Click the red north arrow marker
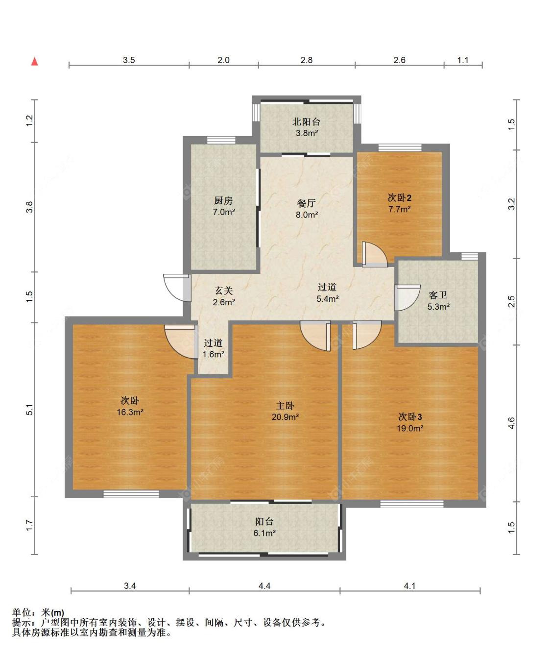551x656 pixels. [x=35, y=61]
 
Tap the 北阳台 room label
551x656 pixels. [x=306, y=121]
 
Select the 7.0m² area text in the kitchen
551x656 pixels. [x=224, y=212]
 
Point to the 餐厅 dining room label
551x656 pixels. [x=306, y=203]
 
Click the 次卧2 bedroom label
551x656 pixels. [x=399, y=197]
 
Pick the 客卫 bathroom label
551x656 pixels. [x=438, y=295]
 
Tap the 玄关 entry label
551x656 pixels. [x=224, y=291]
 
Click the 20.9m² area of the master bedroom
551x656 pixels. [x=285, y=417]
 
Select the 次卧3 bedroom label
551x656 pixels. [x=410, y=417]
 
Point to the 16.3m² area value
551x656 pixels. [x=130, y=412]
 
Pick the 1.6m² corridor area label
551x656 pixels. [x=214, y=354]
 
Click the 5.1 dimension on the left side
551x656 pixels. [x=29, y=410]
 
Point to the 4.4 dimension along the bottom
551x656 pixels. [x=264, y=585]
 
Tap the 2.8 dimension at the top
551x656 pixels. [x=307, y=60]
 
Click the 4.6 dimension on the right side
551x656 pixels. [x=511, y=423]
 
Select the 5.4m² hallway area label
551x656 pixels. [x=327, y=299]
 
